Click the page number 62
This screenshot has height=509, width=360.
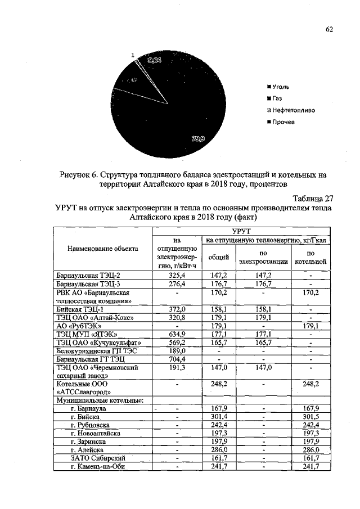click(329, 30)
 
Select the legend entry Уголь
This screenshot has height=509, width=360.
click(281, 87)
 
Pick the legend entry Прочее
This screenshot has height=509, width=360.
click(283, 121)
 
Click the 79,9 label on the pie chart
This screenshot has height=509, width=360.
click(199, 139)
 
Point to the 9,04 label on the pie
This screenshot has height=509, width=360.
click(154, 60)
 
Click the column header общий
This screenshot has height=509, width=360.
click(218, 257)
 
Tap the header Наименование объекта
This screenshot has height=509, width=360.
click(102, 248)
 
